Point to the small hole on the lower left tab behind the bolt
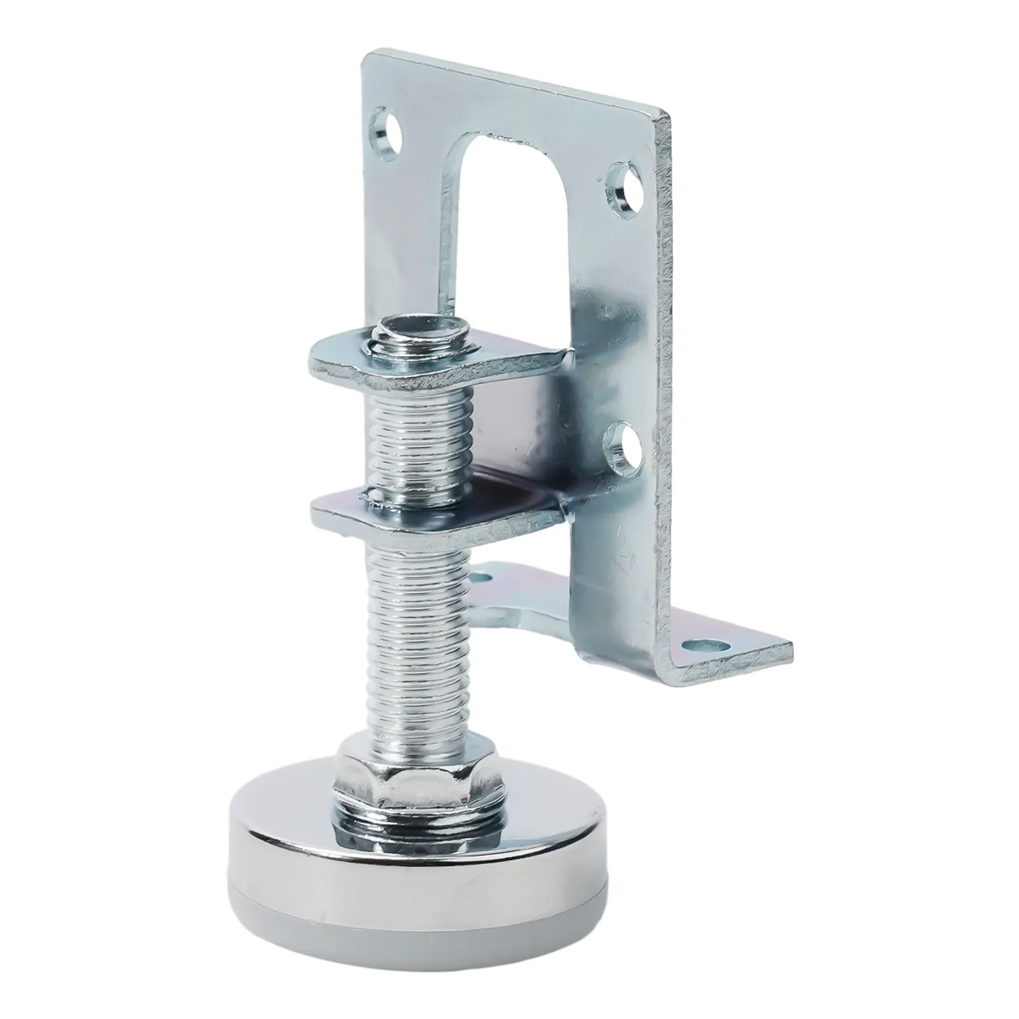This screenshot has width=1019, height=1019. coord(486,578)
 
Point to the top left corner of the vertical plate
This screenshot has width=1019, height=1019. coord(366,56)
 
